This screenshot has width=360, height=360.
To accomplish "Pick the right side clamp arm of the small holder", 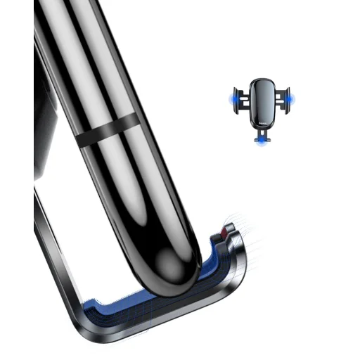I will pyautogui.click(x=283, y=100).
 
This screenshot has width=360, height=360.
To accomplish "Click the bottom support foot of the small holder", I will pyautogui.click(x=262, y=137).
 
